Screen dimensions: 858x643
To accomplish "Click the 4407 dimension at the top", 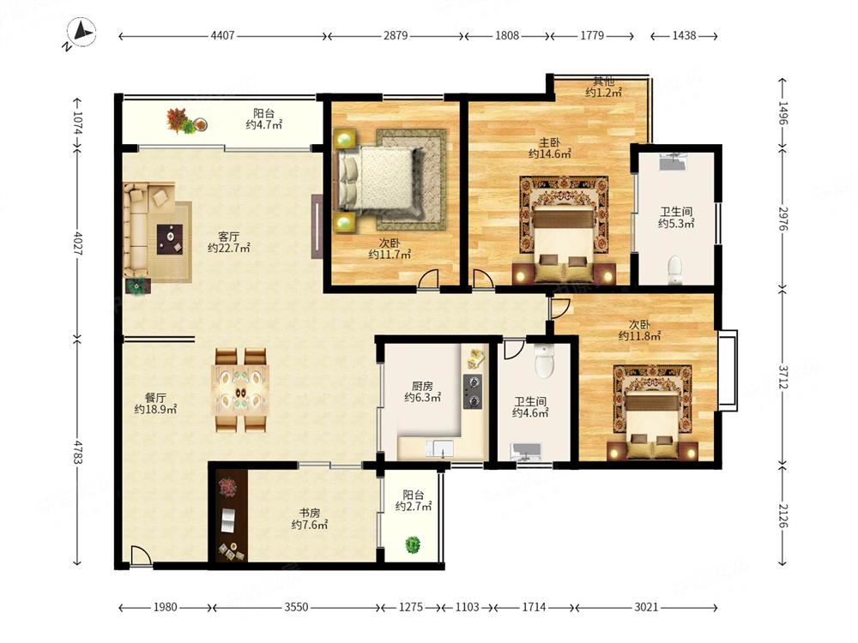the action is tap(223, 35).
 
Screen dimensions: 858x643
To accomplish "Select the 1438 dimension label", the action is tap(684, 35).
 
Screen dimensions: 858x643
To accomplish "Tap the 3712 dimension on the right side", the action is tap(783, 377).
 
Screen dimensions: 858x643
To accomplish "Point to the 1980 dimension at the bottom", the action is tap(165, 607).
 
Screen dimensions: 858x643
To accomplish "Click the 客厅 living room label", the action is tap(229, 237).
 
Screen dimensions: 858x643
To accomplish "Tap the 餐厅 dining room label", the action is tap(155, 398).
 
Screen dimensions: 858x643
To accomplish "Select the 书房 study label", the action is tap(310, 513).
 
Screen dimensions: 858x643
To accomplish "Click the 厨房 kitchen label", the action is tap(422, 386).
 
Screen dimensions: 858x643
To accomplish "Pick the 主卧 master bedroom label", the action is tap(549, 142).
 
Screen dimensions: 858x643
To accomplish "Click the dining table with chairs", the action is tap(241, 390).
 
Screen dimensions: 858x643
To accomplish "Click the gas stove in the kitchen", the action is tap(472, 392).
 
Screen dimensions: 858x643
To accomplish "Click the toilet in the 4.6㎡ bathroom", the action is tap(545, 360).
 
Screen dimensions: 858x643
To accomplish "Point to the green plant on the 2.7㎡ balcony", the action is tap(413, 544).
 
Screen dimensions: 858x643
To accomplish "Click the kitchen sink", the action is tap(440, 448).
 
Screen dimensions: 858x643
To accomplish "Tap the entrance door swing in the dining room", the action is tap(142, 556).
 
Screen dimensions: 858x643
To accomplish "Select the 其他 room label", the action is tap(604, 81).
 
